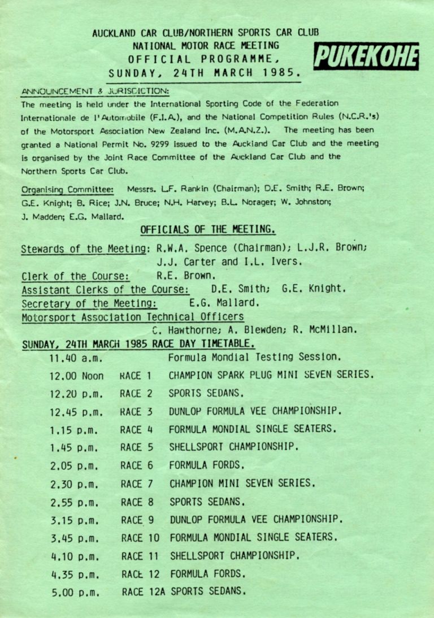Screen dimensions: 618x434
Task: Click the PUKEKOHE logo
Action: [366, 58]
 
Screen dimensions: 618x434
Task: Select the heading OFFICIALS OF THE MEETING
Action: [207, 229]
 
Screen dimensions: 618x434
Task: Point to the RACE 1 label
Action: [136, 375]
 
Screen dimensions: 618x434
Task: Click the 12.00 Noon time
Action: [76, 375]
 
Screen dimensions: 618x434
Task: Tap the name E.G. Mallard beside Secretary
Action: [224, 302]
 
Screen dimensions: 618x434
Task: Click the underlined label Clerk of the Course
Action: [75, 276]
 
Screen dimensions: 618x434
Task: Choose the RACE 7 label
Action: [136, 484]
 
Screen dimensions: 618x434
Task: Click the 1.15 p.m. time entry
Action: [74, 429]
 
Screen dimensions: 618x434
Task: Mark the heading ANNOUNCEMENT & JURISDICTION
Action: [95, 90]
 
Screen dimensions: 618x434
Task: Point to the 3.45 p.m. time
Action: [74, 538]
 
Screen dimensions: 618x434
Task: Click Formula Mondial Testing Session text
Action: [254, 357]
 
